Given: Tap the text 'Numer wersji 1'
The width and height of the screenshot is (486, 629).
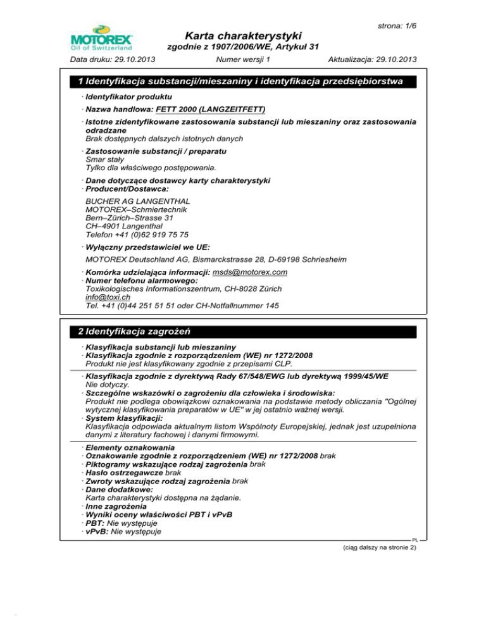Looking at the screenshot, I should [x=243, y=60].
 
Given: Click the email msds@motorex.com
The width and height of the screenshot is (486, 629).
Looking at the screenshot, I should [x=251, y=272].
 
